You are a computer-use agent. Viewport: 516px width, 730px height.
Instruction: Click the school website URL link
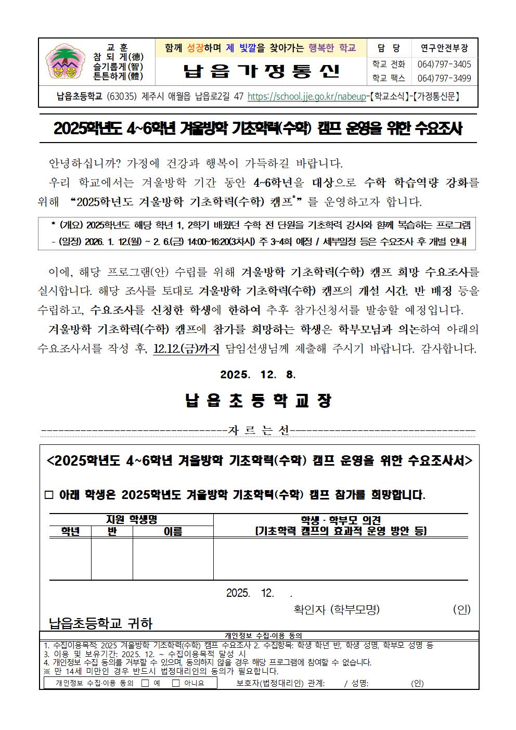(x=307, y=96)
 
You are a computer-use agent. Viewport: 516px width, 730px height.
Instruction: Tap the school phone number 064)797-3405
(x=444, y=65)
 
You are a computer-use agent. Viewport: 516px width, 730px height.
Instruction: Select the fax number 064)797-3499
(x=444, y=78)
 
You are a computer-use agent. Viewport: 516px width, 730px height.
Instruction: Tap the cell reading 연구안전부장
(x=444, y=48)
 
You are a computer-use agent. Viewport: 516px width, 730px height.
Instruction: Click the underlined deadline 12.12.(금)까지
(x=186, y=349)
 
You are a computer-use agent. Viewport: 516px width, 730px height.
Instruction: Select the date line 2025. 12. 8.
(x=258, y=375)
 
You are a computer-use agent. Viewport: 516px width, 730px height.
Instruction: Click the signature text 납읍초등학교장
(x=258, y=401)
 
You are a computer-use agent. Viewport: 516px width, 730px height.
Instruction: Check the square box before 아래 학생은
(x=49, y=495)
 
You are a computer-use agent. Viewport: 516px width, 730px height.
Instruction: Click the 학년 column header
(x=70, y=531)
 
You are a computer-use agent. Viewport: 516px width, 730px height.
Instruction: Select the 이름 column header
(x=173, y=531)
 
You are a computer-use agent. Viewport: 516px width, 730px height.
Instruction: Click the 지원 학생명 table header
(x=131, y=519)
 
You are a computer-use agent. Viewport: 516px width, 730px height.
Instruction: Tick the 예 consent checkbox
(x=145, y=683)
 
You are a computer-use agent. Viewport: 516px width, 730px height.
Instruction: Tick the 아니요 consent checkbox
(x=176, y=683)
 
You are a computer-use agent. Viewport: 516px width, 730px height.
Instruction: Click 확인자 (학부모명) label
(x=337, y=609)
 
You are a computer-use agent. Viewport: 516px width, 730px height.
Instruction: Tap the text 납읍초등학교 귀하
(x=100, y=623)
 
